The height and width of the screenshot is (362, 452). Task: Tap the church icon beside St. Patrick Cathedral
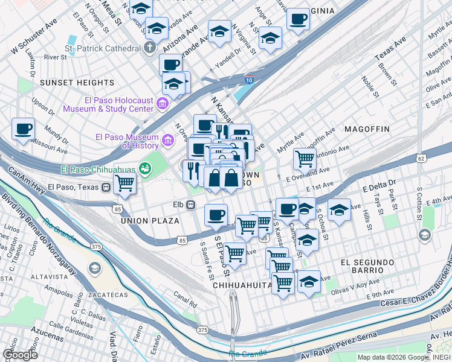point(149,48)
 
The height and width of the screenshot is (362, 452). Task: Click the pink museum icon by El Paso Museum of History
point(168,141)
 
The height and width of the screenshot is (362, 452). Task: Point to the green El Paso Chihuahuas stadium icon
point(144,168)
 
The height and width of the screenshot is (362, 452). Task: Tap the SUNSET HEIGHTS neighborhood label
point(77,82)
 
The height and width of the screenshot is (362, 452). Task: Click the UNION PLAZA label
point(150,221)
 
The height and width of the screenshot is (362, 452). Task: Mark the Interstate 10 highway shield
point(249,80)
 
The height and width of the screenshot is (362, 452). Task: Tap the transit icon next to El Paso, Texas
point(106,186)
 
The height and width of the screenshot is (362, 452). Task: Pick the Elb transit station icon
point(190,205)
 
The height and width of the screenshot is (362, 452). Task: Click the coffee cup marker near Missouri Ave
point(24,129)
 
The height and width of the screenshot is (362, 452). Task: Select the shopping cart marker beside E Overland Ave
point(305,159)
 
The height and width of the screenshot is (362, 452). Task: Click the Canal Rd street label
point(185,300)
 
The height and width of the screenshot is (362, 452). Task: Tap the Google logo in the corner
point(20,354)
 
